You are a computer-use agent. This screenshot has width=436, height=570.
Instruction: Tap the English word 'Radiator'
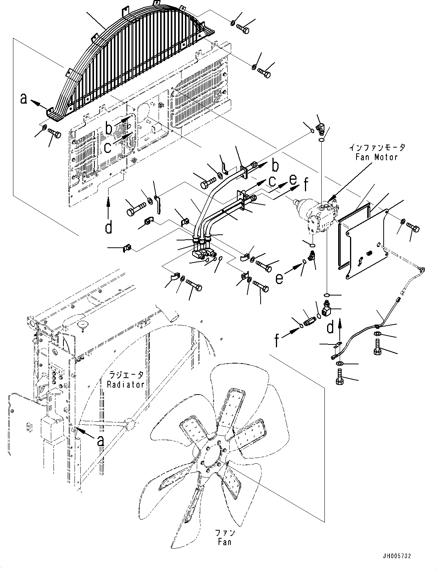126,384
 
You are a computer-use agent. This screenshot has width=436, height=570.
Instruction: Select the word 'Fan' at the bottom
224,542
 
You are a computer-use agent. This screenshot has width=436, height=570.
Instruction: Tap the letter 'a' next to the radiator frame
100,441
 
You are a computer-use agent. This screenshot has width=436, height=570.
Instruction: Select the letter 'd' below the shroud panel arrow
109,227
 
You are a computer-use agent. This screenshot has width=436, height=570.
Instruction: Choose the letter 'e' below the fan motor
280,278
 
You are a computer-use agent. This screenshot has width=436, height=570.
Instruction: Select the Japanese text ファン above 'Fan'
225,533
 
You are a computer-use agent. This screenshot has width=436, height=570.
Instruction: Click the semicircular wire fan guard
126,65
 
